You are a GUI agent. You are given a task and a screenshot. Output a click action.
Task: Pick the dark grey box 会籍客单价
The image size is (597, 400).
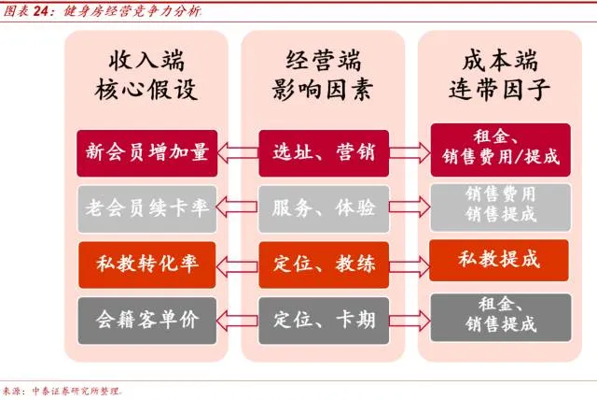coord(147,318)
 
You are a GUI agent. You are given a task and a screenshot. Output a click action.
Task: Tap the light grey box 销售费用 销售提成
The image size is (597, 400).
coord(499,205)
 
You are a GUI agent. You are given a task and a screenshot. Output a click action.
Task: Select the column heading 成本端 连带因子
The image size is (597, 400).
coord(499,76)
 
